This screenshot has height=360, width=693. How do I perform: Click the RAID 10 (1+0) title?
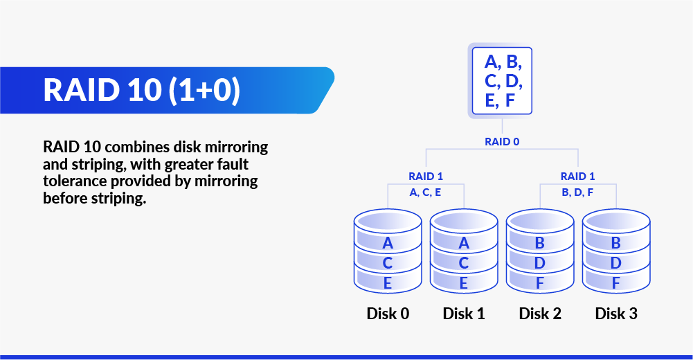(141, 90)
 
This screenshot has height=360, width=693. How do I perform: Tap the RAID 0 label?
(502, 141)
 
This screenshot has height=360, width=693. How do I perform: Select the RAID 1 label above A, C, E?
(426, 176)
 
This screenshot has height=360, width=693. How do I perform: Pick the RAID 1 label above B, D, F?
(578, 176)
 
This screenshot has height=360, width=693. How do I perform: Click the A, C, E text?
(426, 192)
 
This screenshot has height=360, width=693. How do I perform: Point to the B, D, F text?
(578, 192)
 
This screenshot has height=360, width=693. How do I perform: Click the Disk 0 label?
(388, 314)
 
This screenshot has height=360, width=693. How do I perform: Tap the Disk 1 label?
(464, 314)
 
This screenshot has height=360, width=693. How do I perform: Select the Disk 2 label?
(540, 314)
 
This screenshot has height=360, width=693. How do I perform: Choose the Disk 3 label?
(616, 314)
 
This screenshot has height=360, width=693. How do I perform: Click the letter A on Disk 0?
(388, 243)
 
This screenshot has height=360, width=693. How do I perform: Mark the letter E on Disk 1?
(464, 282)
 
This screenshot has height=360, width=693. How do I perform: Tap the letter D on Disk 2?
(540, 263)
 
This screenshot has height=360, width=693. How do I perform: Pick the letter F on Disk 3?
(616, 282)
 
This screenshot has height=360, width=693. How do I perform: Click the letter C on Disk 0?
(388, 263)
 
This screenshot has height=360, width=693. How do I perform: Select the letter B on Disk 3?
(616, 243)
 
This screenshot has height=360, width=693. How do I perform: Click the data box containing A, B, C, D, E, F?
(502, 80)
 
